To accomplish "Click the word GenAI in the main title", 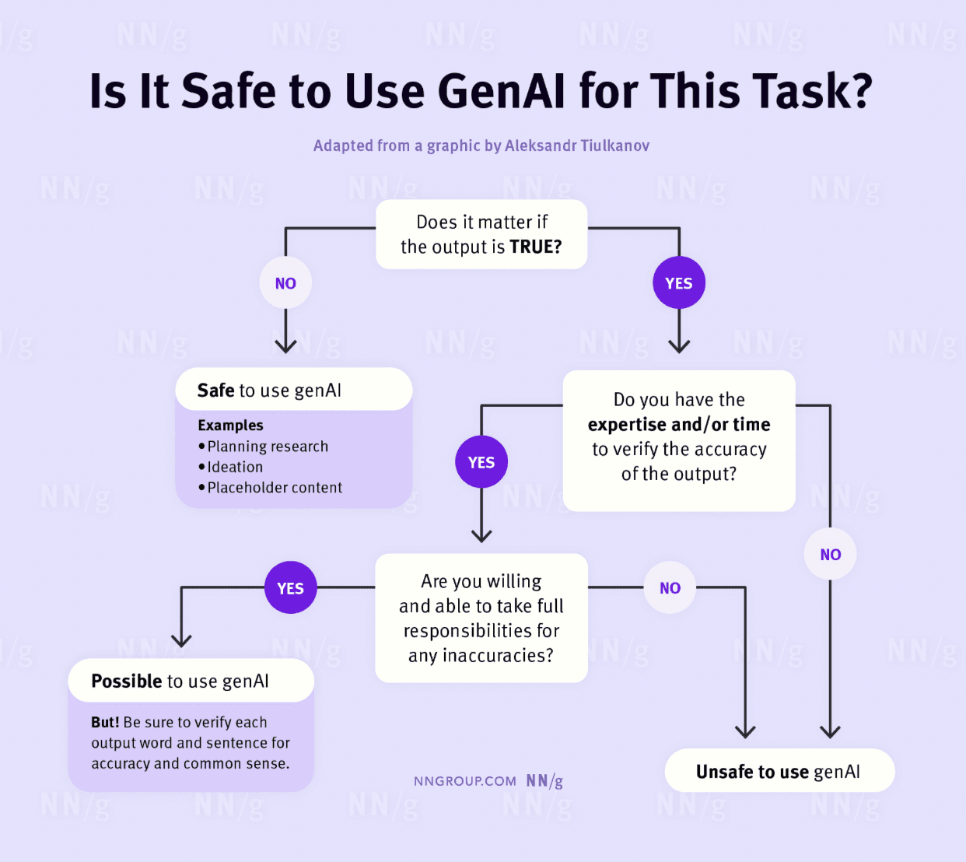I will pos(502,91).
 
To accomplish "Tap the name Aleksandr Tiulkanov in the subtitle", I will pos(576,145).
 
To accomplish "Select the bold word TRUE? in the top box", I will pos(535,247).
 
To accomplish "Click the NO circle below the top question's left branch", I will pos(285,283).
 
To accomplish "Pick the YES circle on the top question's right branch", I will pos(679,283).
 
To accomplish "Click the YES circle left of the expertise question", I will pos(481,462).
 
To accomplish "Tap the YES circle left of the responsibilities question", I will pos(290,588).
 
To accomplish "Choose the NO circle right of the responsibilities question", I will pos(670,588).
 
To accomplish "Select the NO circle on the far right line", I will pos(830,555).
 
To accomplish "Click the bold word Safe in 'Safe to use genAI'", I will pos(215,391).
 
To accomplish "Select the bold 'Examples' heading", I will pos(230,426).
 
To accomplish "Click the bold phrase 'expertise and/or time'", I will pos(679,425).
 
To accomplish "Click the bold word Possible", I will pos(126,682).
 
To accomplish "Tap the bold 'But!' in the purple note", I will pos(105,723).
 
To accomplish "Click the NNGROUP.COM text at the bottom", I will pos(464,781).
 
